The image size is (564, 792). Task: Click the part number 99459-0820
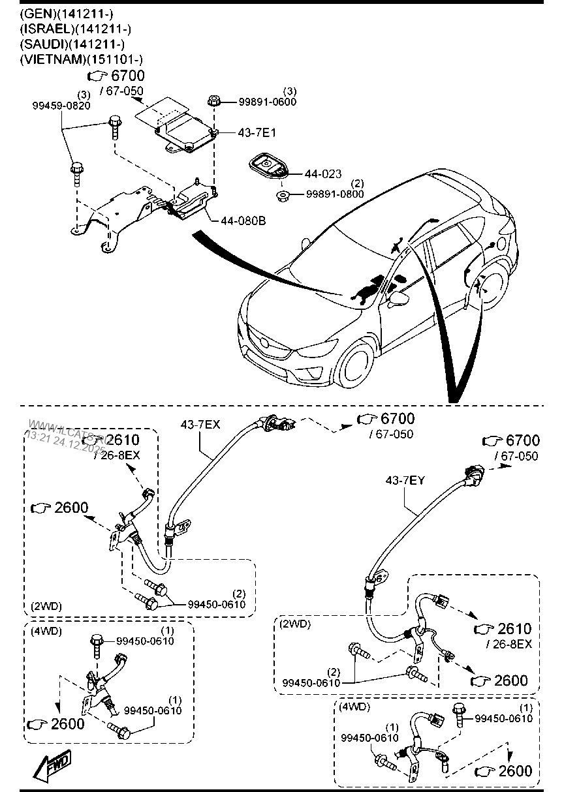[x=62, y=107]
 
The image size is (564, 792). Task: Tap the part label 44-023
[x=322, y=174]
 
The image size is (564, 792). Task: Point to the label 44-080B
[x=243, y=221]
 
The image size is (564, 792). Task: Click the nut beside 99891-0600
[x=213, y=101]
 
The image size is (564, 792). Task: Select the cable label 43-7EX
[x=200, y=425]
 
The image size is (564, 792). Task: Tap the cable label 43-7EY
[x=405, y=480]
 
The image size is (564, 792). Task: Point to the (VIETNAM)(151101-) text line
[x=82, y=59]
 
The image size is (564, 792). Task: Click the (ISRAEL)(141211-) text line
[x=76, y=28]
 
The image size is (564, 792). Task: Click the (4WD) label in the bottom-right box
[x=352, y=707]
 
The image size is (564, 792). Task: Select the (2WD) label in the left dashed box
[x=46, y=606]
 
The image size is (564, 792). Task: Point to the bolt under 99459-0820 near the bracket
[x=76, y=173]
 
